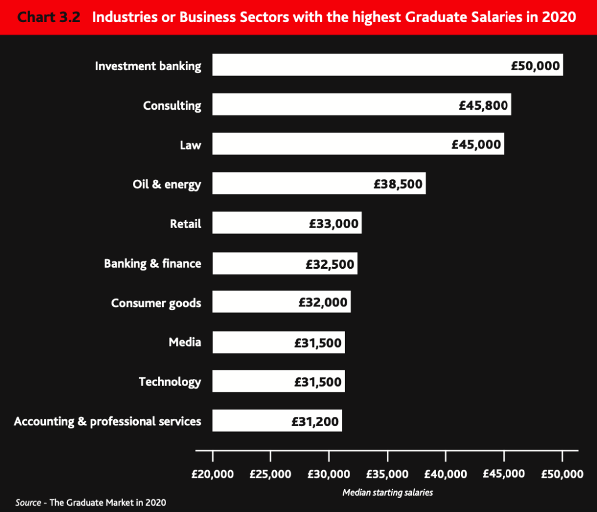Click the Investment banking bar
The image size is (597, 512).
pos(360,65)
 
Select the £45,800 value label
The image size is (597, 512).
pos(483,105)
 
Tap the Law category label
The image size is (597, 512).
pos(190,145)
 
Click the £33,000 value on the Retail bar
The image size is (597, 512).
pos(334,223)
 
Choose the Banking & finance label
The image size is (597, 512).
pos(153,264)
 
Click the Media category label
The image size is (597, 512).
pos(185,342)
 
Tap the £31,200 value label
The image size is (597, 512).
pos(315,421)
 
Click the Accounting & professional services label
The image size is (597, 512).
pos(107,421)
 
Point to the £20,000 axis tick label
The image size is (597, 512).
pos(213,474)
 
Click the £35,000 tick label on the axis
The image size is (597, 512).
pos(387,474)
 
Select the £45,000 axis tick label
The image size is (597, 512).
pos(504,474)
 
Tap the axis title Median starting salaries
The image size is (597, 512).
pos(387,492)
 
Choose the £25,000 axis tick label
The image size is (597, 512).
pos(271,474)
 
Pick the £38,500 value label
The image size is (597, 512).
pos(398,184)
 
